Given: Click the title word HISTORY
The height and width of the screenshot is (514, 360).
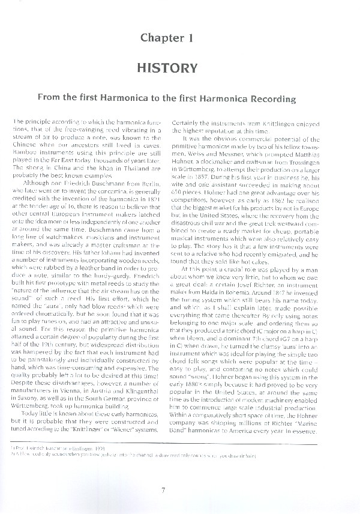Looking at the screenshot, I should pos(166,66).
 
